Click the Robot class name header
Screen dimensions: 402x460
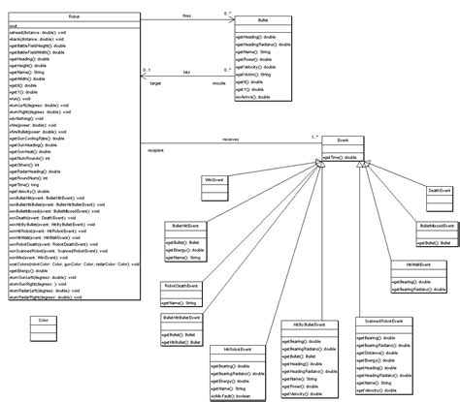[76, 17]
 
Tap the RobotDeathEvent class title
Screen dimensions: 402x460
[181, 286]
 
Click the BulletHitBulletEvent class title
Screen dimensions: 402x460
[181, 318]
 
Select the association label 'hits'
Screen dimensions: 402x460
[185, 73]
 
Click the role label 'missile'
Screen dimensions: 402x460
[220, 84]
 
